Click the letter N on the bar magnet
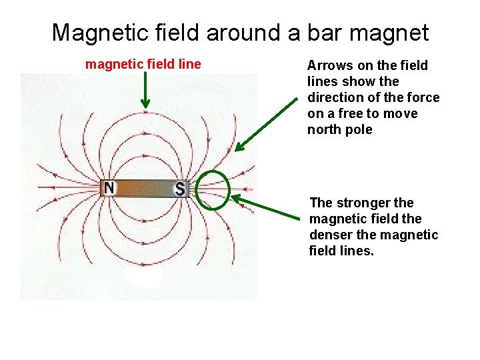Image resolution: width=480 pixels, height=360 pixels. (109, 189)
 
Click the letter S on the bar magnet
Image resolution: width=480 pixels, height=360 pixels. (180, 189)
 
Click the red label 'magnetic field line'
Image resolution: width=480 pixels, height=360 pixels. (143, 64)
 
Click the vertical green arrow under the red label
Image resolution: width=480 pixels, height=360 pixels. (145, 90)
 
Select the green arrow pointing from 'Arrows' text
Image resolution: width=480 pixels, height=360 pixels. (267, 123)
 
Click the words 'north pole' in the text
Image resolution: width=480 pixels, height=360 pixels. (340, 129)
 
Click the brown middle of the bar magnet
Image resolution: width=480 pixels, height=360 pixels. (145, 189)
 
